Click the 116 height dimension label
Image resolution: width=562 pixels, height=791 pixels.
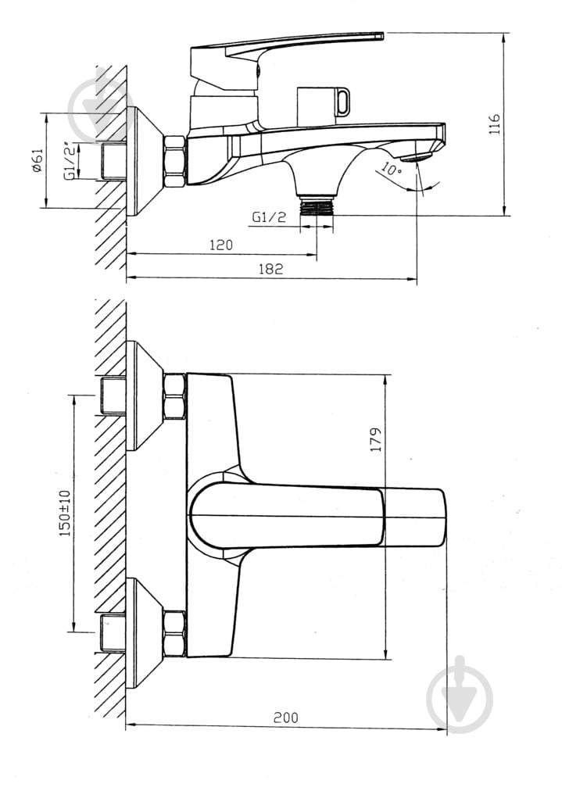pos(493,124)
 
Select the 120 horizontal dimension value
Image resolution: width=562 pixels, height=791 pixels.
pos(221,245)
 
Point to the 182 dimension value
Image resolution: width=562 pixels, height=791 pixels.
pos(270,268)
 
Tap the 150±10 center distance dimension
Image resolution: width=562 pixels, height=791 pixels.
pos(64,513)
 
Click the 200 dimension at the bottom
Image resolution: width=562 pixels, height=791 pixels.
pos(285,717)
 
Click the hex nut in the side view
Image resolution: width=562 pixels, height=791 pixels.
pos(174,162)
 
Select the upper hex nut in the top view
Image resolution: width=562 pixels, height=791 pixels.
pos(174,396)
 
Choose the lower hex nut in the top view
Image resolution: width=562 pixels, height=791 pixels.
pos(174,633)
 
